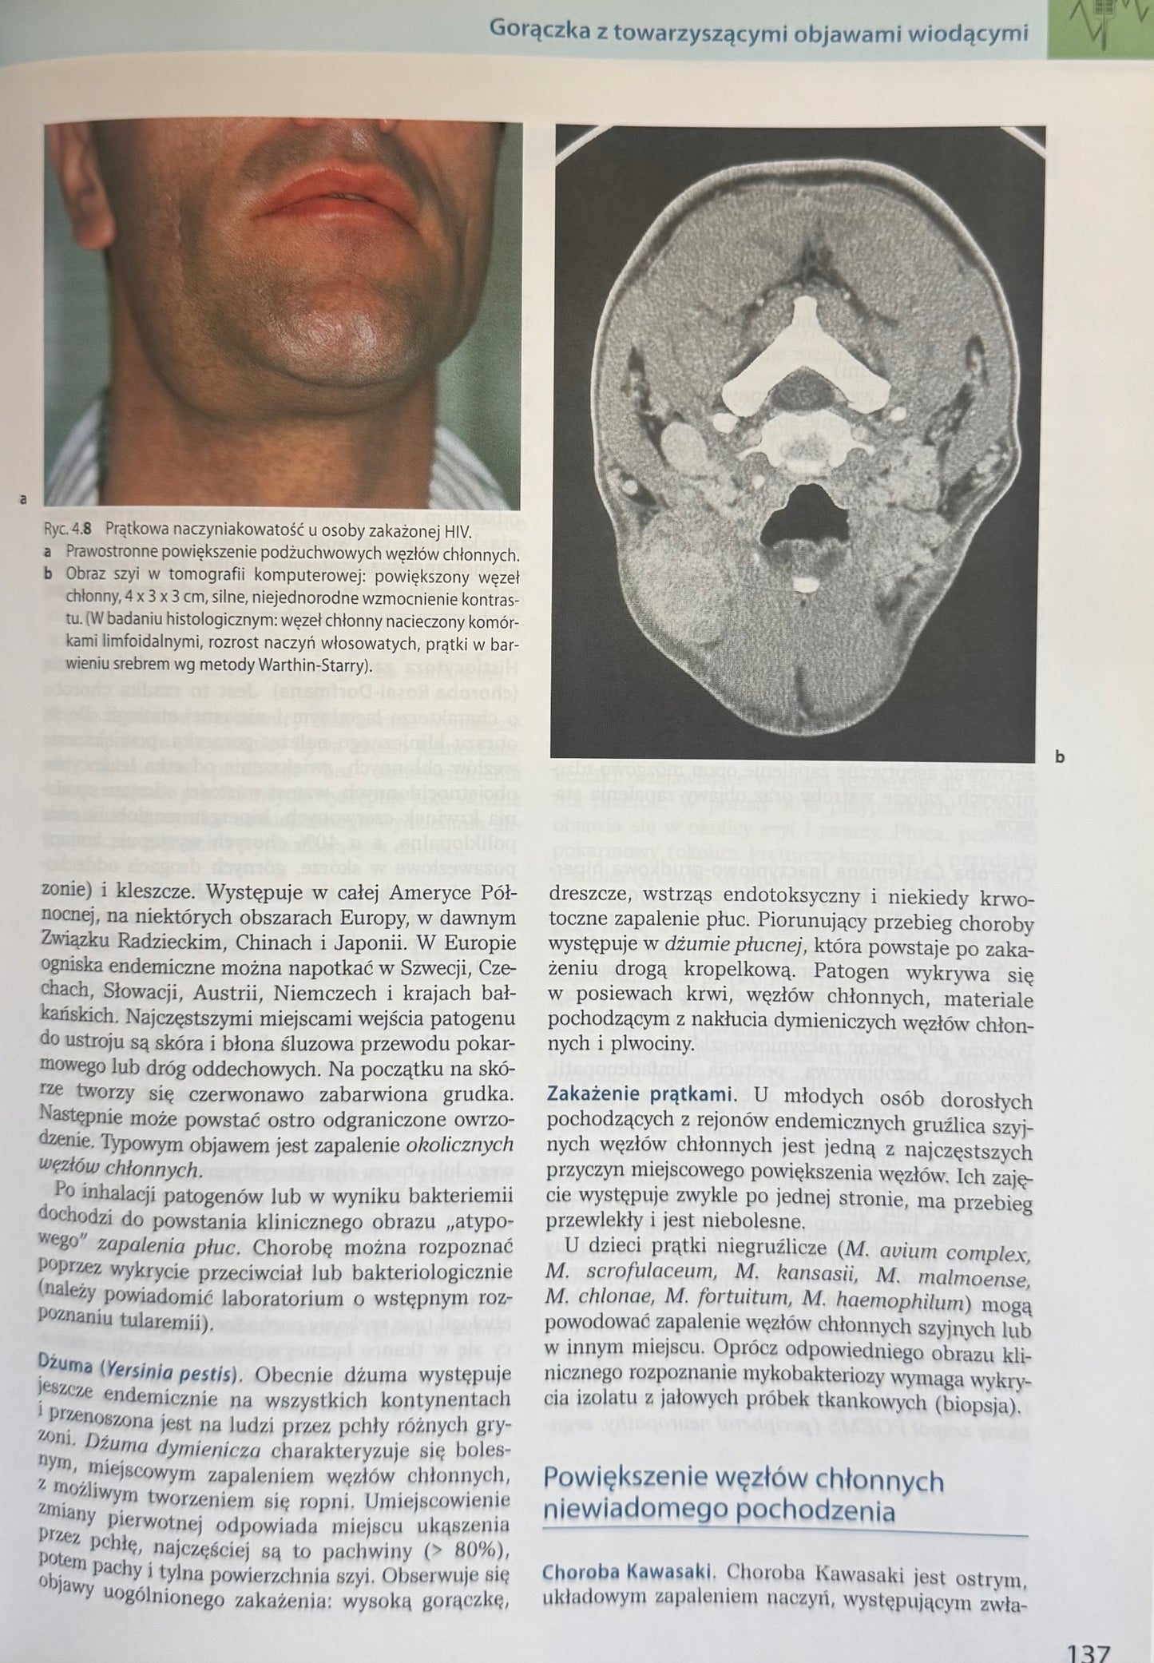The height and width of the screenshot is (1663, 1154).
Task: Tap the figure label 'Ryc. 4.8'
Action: (69, 529)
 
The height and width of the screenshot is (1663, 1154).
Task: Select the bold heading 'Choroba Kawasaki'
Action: (627, 1572)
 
